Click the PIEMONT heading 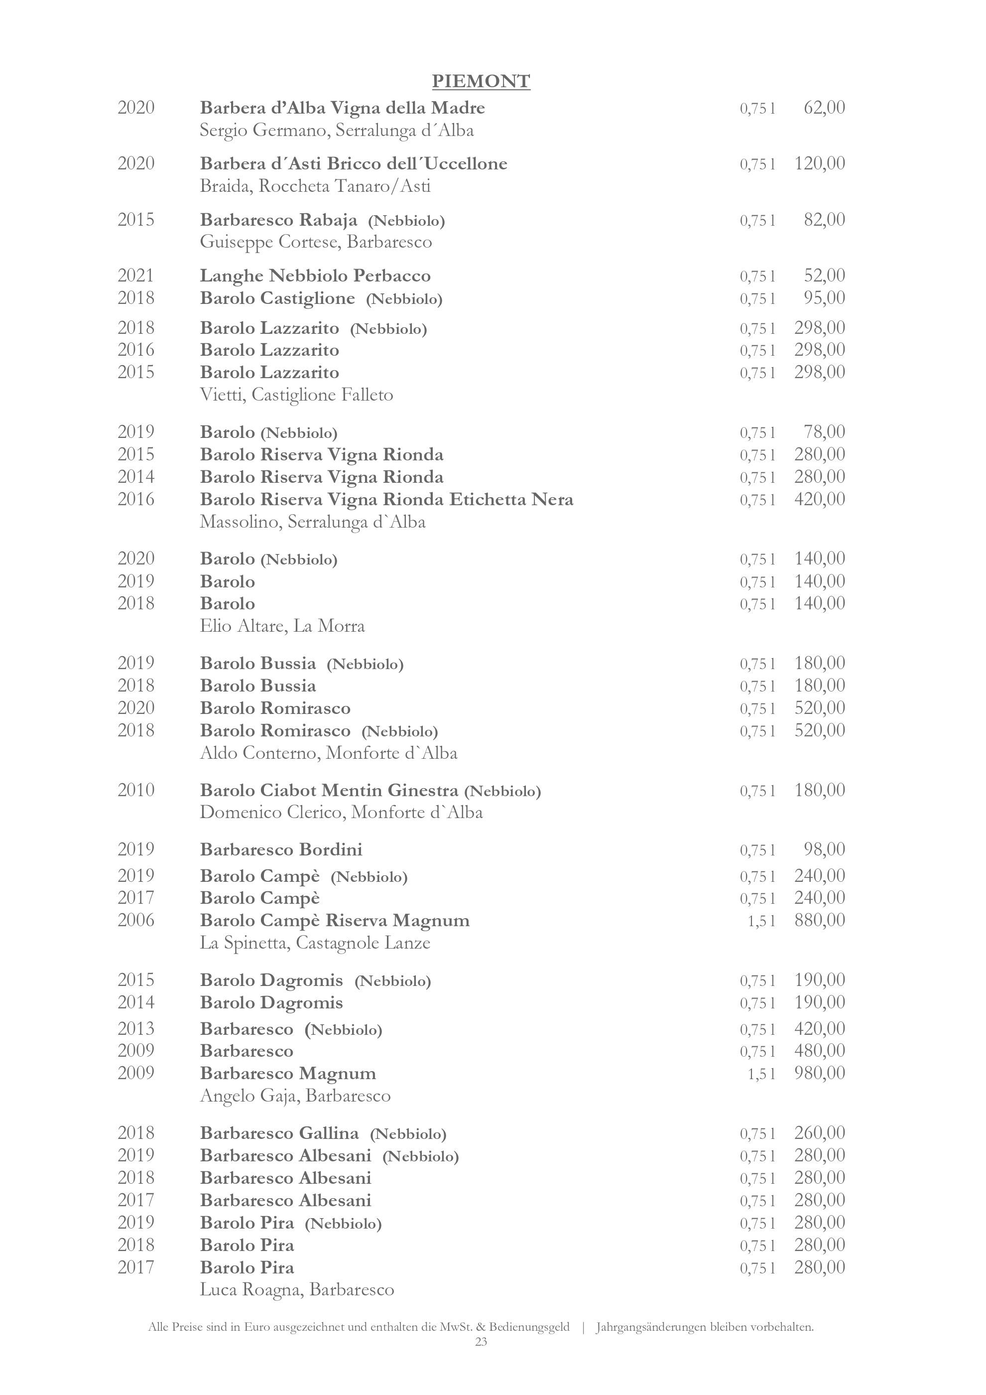point(481,81)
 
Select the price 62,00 point(824,108)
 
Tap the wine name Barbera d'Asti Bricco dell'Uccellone point(354,163)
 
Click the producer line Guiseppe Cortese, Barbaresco point(316,243)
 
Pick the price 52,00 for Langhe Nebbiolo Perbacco point(824,276)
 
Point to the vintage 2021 point(136,276)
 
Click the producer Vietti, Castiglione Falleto point(296,395)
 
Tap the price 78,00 point(824,432)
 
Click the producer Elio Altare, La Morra point(282,626)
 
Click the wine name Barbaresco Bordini point(281,849)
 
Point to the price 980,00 point(820,1073)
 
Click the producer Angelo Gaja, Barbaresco point(295,1096)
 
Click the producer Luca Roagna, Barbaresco point(297,1289)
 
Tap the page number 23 point(481,1342)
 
